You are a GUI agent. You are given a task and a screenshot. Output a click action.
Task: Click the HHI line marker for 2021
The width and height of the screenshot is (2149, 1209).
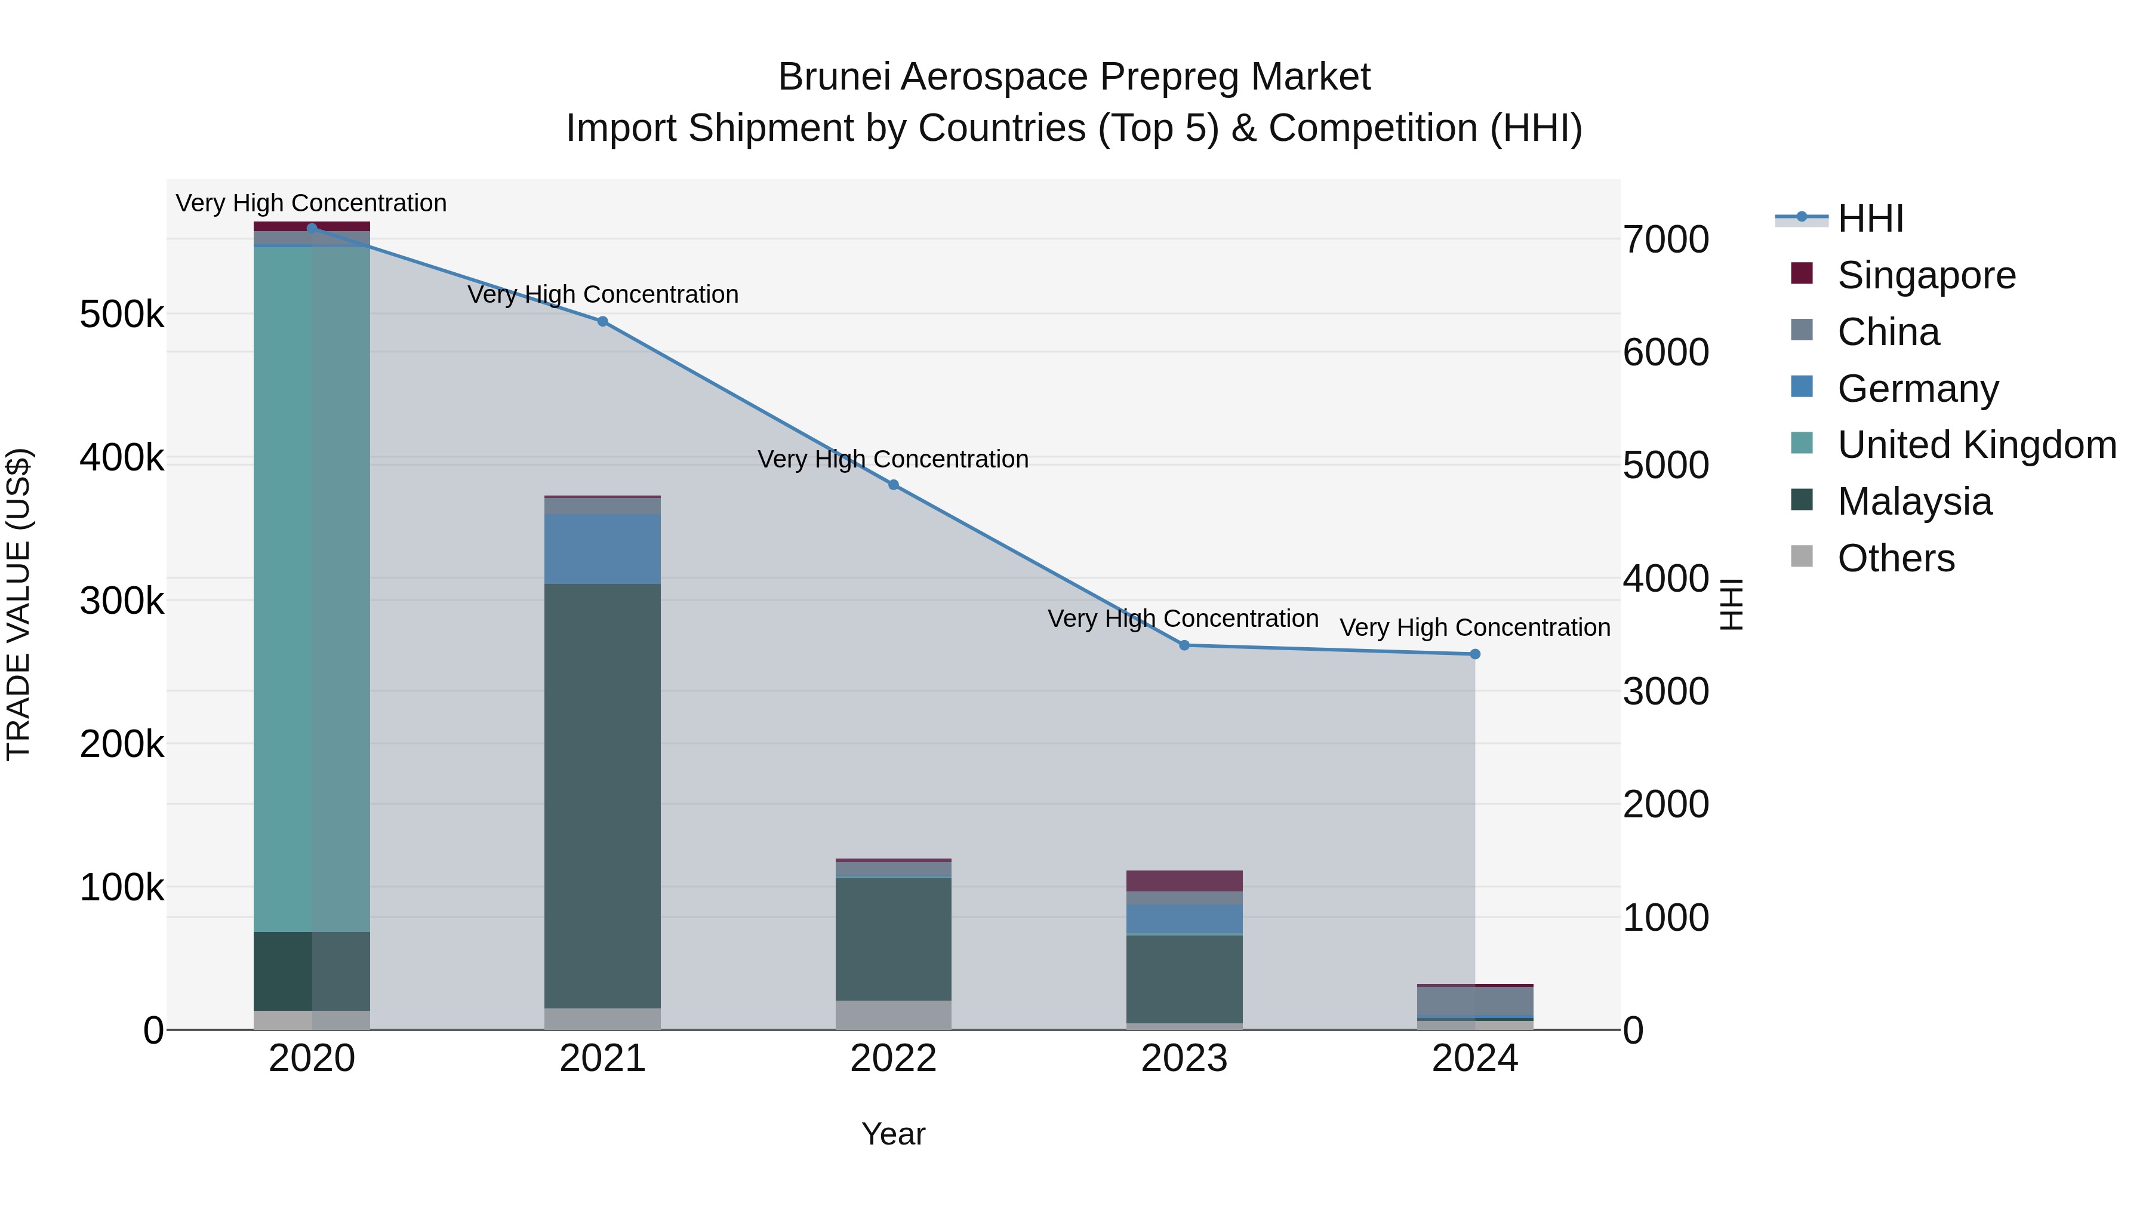tap(602, 321)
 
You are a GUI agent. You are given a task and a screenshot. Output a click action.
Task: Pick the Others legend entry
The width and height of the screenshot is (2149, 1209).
tap(1895, 558)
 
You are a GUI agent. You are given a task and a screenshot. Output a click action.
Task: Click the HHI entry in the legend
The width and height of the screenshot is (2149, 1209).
tap(1870, 219)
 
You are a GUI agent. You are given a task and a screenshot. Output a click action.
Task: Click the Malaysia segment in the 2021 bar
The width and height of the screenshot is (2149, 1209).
tap(602, 793)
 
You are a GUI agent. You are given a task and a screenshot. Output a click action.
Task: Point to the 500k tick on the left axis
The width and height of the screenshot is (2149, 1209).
tap(122, 315)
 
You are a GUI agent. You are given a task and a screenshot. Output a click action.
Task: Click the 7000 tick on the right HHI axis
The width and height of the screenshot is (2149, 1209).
tap(1665, 239)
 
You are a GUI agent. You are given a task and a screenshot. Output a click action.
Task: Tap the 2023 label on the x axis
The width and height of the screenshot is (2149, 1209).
tap(1184, 1059)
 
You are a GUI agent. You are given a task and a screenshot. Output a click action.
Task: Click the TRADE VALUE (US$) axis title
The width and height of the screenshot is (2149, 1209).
tap(19, 604)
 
